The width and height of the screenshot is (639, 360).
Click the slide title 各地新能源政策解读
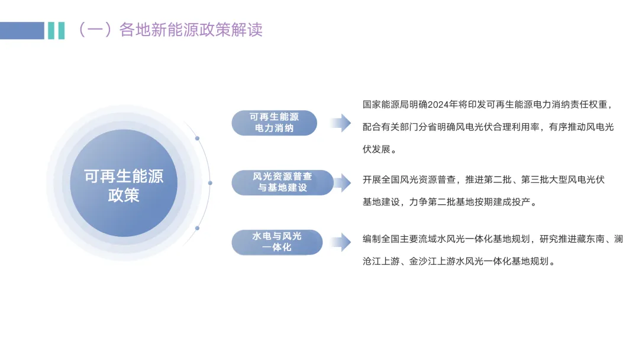click(191, 30)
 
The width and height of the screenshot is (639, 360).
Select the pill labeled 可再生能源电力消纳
click(274, 123)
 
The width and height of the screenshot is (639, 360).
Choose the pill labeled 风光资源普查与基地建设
click(282, 182)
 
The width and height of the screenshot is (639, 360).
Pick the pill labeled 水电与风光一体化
click(277, 242)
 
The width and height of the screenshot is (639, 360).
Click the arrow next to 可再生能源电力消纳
click(340, 123)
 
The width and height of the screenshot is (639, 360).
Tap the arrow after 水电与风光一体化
click(340, 242)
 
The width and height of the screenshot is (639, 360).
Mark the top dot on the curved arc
click(197, 139)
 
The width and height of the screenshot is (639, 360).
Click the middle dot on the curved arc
click(210, 182)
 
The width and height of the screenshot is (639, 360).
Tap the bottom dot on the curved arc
click(197, 227)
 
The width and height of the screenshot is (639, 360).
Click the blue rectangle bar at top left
click(22, 30)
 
